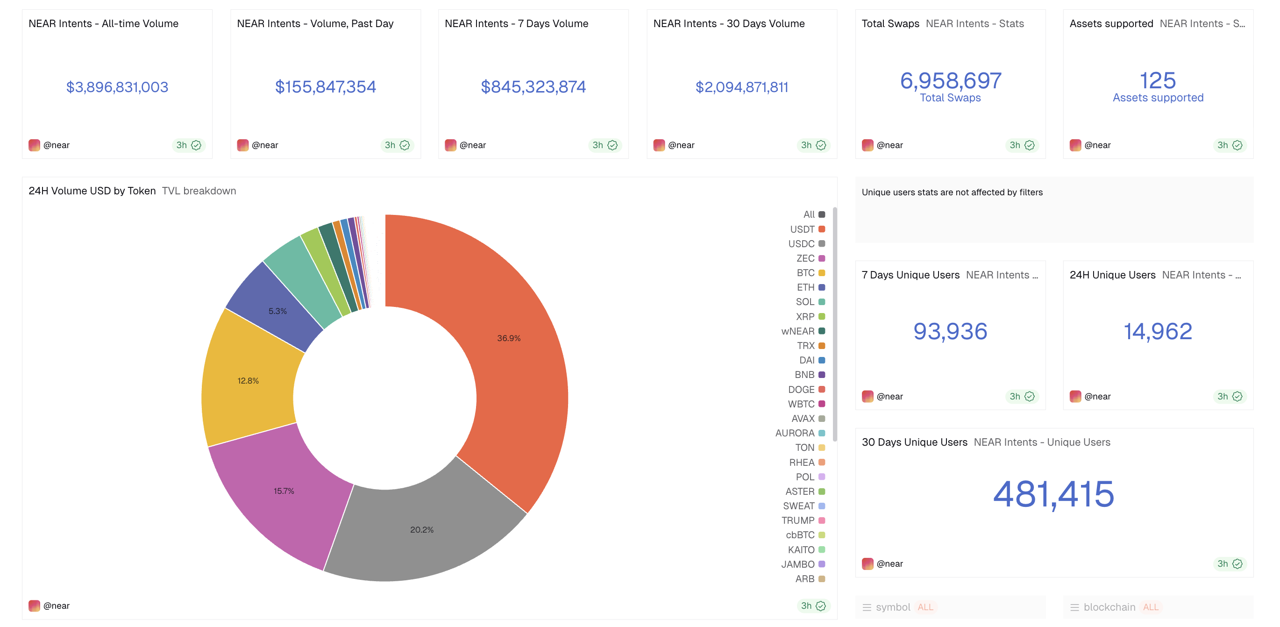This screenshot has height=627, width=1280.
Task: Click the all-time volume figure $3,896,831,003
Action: pyautogui.click(x=117, y=87)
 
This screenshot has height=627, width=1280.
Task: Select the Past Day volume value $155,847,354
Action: pyautogui.click(x=326, y=87)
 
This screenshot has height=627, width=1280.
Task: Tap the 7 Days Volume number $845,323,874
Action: pyautogui.click(x=533, y=87)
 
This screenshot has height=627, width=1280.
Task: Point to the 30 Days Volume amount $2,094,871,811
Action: pyautogui.click(x=741, y=87)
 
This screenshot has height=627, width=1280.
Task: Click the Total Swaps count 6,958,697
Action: pyautogui.click(x=950, y=80)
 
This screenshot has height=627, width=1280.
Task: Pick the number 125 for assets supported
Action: pyautogui.click(x=1157, y=80)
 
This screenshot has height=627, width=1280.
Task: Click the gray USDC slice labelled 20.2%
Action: pyautogui.click(x=422, y=530)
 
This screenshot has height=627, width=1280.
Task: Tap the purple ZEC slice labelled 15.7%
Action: pyautogui.click(x=284, y=491)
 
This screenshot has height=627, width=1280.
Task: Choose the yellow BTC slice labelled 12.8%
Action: pyautogui.click(x=248, y=381)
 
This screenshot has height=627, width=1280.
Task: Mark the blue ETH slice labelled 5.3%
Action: pyautogui.click(x=277, y=311)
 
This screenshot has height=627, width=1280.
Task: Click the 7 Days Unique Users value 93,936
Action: pyautogui.click(x=950, y=331)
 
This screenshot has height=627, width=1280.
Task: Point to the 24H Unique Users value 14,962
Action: pyautogui.click(x=1157, y=331)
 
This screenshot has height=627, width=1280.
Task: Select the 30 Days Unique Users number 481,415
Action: pyautogui.click(x=1053, y=494)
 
